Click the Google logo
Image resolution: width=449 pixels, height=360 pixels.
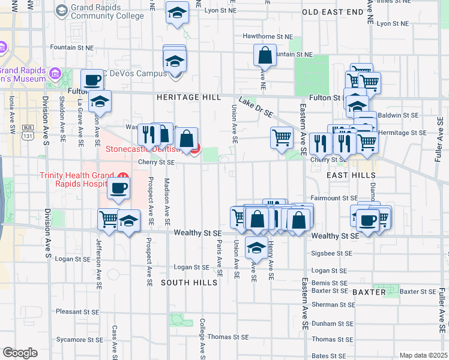(x=20, y=353)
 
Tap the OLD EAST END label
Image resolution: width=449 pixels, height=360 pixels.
(x=333, y=12)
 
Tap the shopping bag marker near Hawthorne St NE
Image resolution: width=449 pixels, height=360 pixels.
(x=265, y=56)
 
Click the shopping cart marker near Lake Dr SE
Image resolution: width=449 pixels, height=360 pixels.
(x=282, y=137)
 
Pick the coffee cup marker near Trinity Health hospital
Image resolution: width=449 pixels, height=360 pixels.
(x=118, y=188)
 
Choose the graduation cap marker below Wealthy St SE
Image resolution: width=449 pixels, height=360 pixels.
(x=256, y=247)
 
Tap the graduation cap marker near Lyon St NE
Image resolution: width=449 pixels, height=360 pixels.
(x=177, y=13)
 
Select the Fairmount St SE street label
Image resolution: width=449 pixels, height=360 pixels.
(x=334, y=198)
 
